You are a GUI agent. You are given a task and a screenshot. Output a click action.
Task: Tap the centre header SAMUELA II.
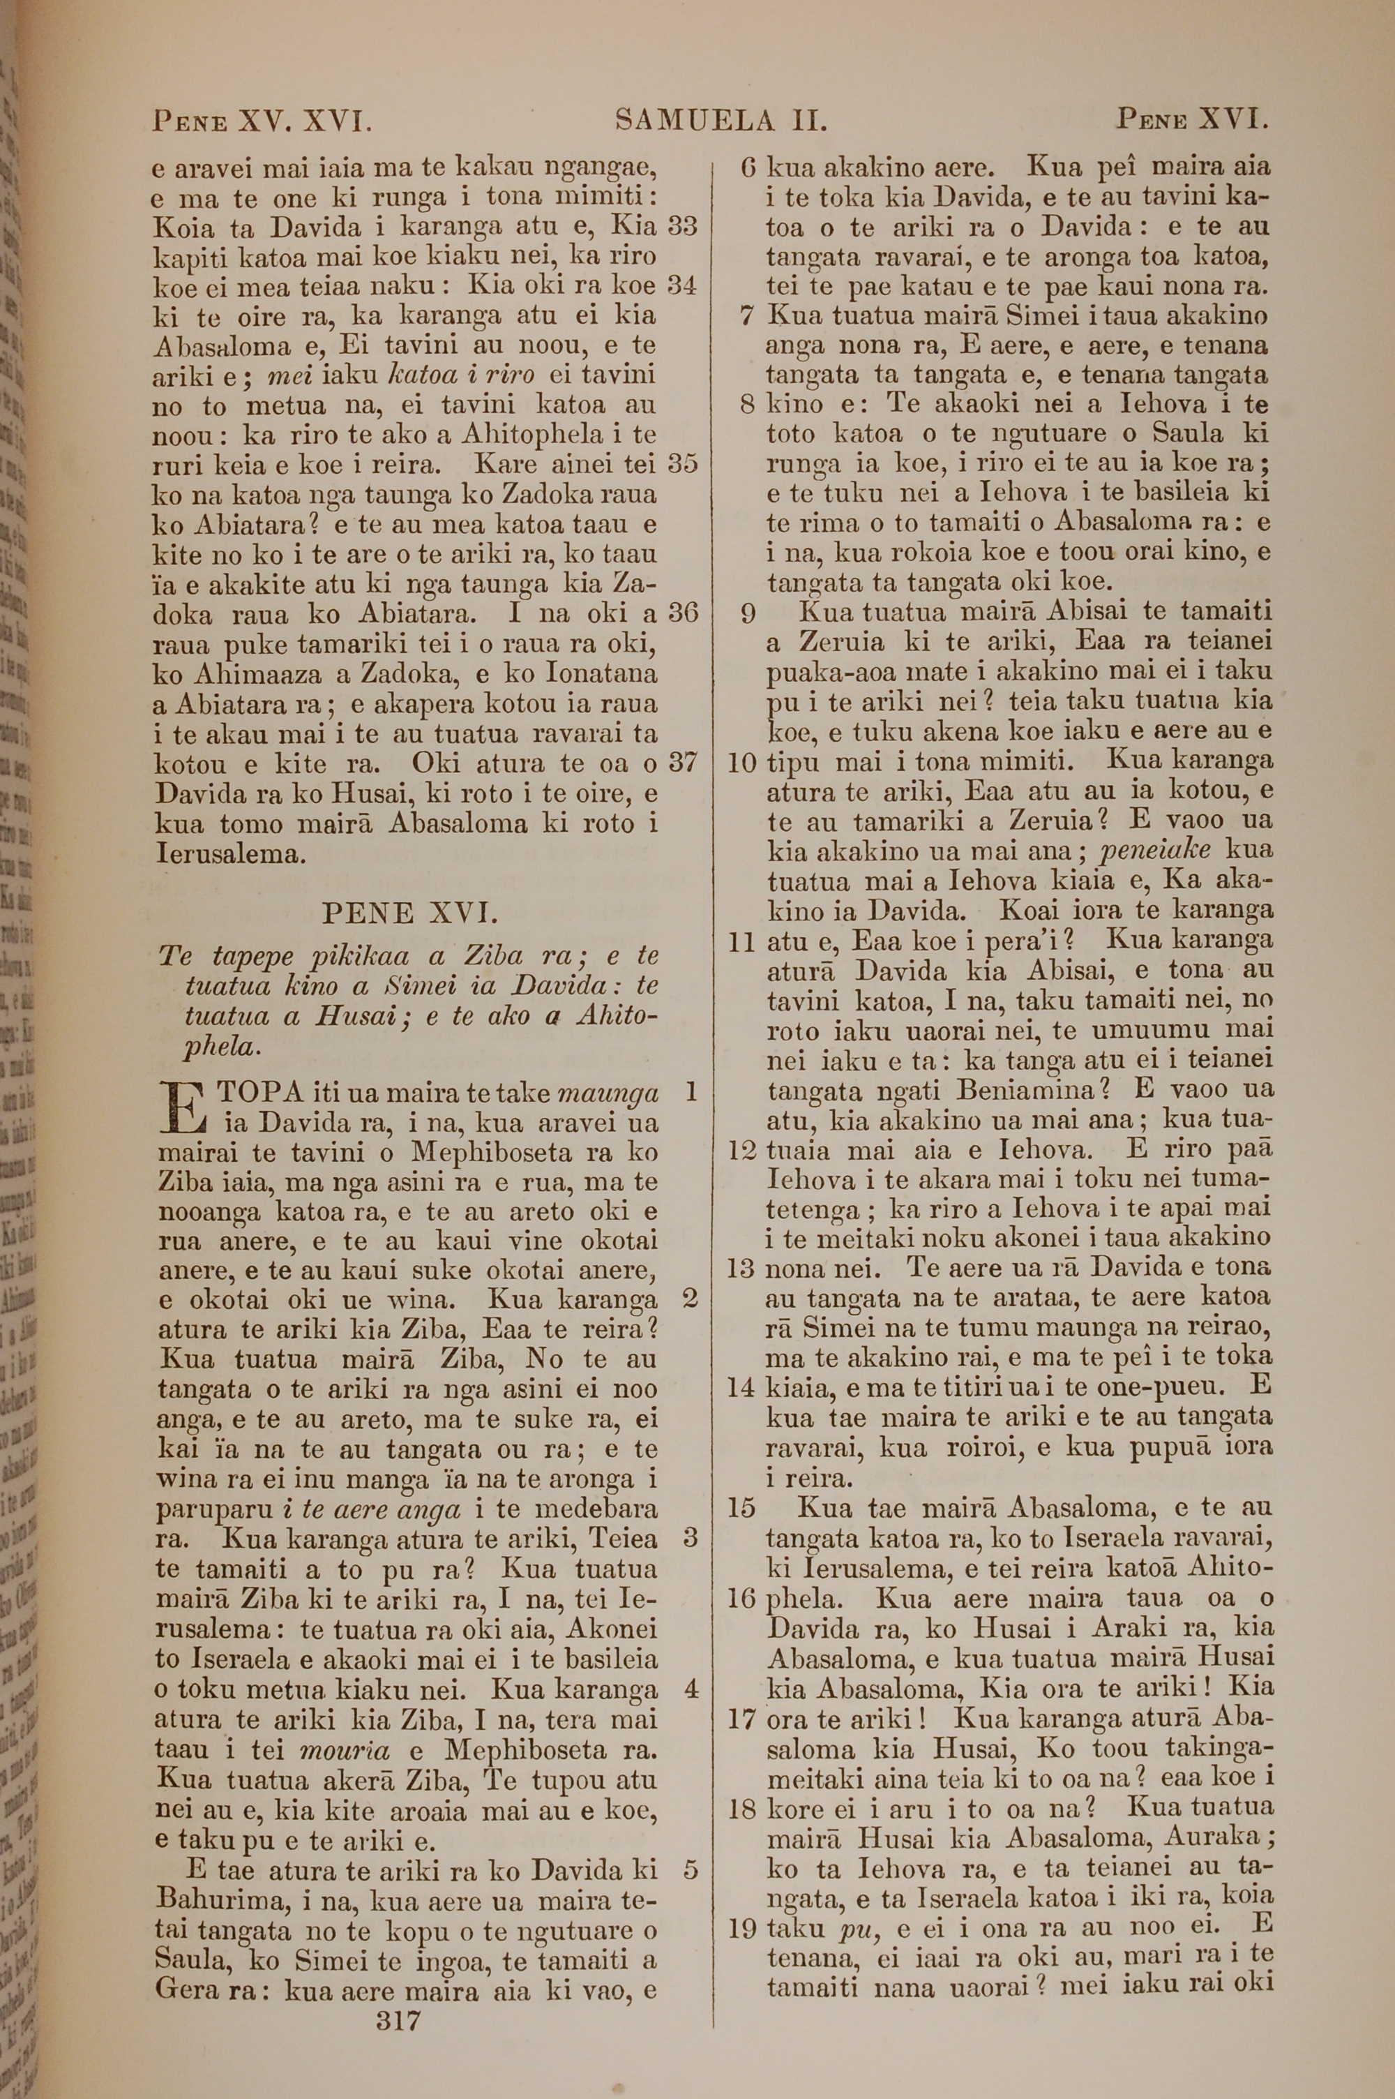721,120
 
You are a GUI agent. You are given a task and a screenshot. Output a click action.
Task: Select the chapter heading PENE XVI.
405,913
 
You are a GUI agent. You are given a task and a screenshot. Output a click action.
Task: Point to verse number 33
682,226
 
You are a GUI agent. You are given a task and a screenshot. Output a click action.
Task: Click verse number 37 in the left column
682,763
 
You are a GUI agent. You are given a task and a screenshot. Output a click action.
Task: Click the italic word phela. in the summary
223,1047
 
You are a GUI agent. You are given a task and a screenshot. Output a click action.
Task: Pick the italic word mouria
346,1750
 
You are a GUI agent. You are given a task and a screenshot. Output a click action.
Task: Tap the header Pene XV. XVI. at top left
262,120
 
